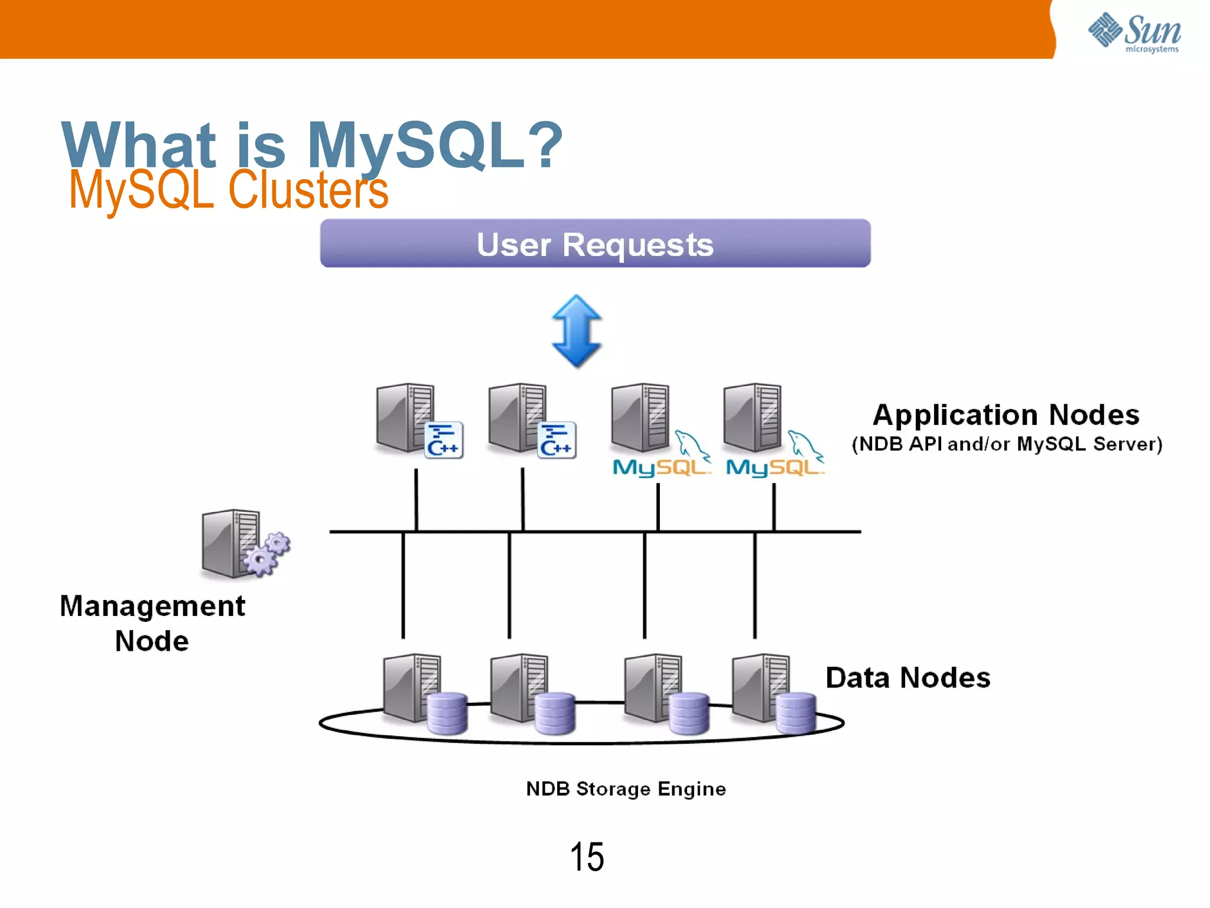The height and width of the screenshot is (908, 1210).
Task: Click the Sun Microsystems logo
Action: pyautogui.click(x=1134, y=33)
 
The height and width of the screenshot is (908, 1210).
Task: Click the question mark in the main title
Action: pyautogui.click(x=542, y=145)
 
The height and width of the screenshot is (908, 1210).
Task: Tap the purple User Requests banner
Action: pyautogui.click(x=595, y=244)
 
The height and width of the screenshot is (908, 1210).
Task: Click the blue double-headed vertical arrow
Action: pyautogui.click(x=577, y=331)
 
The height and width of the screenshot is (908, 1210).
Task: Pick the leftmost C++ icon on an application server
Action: pyautogui.click(x=444, y=440)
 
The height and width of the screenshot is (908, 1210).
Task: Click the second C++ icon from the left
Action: pyautogui.click(x=557, y=440)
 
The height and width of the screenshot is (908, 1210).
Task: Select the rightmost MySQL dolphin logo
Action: pyautogui.click(x=775, y=455)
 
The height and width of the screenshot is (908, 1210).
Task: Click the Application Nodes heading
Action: pyautogui.click(x=1006, y=415)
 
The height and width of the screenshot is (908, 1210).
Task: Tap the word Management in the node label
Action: pyautogui.click(x=152, y=607)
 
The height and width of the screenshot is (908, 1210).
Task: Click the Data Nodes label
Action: pyautogui.click(x=907, y=677)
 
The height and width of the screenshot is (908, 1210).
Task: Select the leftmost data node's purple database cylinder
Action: pyautogui.click(x=447, y=714)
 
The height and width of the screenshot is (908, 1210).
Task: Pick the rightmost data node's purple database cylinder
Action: pyautogui.click(x=796, y=714)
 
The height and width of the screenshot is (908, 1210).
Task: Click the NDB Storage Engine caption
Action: pyautogui.click(x=626, y=789)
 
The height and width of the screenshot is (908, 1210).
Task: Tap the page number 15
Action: pyautogui.click(x=587, y=857)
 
